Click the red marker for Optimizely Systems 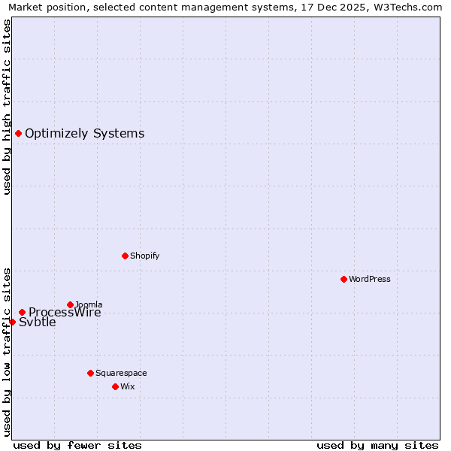point(18,133)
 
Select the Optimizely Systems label point(84,134)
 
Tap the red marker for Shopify point(125,256)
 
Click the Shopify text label point(144,256)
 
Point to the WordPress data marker point(344,279)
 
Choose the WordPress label point(369,279)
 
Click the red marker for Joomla point(70,304)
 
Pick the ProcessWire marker point(22,312)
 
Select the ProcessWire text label point(65,313)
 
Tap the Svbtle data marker point(12,322)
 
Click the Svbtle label point(38,322)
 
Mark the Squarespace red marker point(90,373)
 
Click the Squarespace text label point(121,373)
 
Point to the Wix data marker point(115,386)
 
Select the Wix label point(127,386)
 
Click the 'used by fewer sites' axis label point(77,445)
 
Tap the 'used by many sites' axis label point(377,445)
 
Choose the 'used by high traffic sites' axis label point(7,107)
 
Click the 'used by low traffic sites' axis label point(7,352)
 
